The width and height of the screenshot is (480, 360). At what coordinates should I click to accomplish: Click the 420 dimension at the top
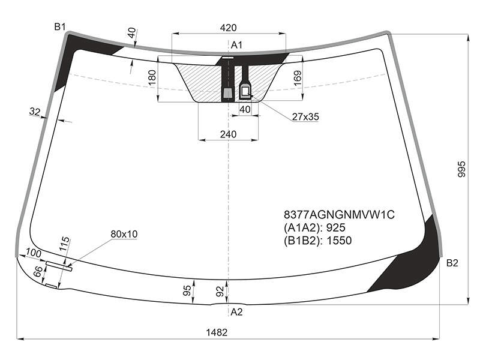click(228, 28)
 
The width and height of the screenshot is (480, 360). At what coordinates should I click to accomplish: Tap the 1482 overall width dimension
click(217, 332)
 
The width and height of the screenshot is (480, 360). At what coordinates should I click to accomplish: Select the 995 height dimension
click(461, 169)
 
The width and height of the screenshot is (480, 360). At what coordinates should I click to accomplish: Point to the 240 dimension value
click(228, 134)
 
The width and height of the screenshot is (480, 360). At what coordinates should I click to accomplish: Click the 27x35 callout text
click(305, 116)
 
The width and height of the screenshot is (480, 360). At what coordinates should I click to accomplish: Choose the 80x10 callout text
click(124, 234)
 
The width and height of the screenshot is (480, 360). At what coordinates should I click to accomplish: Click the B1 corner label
click(60, 27)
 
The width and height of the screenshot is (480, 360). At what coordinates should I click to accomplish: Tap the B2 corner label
click(452, 263)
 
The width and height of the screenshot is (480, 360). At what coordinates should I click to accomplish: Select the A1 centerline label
click(236, 46)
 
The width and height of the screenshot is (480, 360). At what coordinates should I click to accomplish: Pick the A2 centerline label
click(236, 312)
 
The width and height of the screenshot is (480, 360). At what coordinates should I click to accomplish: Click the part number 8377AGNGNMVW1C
click(339, 215)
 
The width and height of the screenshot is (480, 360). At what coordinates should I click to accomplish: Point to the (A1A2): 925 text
click(314, 228)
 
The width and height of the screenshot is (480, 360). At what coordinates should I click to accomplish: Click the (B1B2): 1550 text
click(318, 241)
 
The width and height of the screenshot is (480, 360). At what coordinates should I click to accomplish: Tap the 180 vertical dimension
click(152, 77)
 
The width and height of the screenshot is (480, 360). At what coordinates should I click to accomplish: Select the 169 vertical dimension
click(297, 78)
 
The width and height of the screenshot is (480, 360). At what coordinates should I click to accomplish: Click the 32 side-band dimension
click(35, 112)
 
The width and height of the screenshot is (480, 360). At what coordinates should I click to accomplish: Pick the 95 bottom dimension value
click(187, 290)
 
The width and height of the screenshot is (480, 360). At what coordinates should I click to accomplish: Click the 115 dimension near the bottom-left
click(65, 244)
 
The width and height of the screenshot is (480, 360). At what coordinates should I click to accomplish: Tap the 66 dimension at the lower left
click(38, 271)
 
